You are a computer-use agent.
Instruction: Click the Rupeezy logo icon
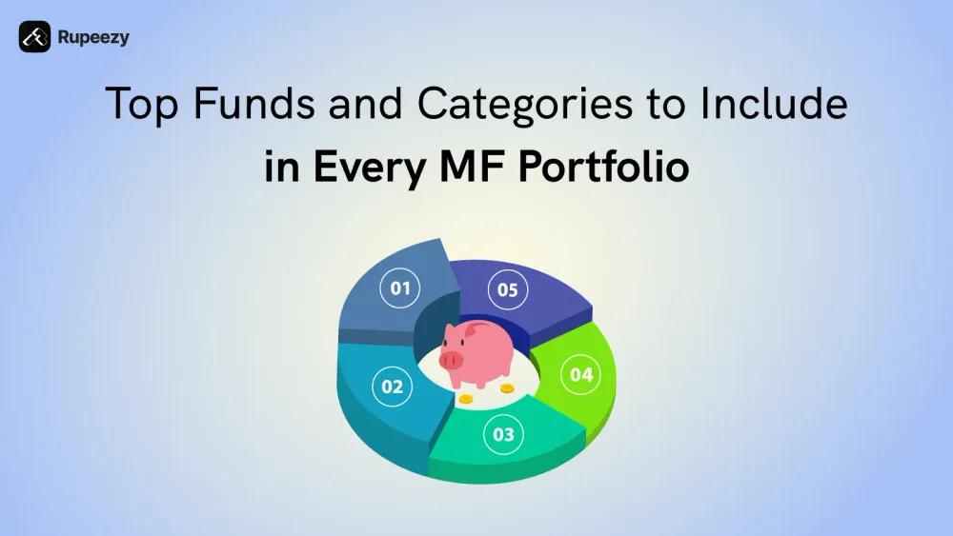(34, 36)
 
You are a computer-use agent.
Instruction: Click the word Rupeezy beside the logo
(93, 38)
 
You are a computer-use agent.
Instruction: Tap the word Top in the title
(142, 105)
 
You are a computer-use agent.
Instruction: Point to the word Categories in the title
(524, 105)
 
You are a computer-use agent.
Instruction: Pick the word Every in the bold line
(369, 167)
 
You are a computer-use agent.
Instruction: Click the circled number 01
(400, 288)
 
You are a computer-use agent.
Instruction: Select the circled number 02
(392, 387)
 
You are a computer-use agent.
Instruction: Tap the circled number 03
(503, 434)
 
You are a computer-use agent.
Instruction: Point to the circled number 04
(581, 374)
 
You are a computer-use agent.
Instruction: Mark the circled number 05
(508, 289)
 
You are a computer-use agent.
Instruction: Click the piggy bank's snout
(451, 360)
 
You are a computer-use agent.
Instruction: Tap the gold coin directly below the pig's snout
(466, 399)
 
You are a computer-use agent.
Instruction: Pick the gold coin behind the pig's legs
(507, 387)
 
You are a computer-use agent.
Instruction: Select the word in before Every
(281, 166)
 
